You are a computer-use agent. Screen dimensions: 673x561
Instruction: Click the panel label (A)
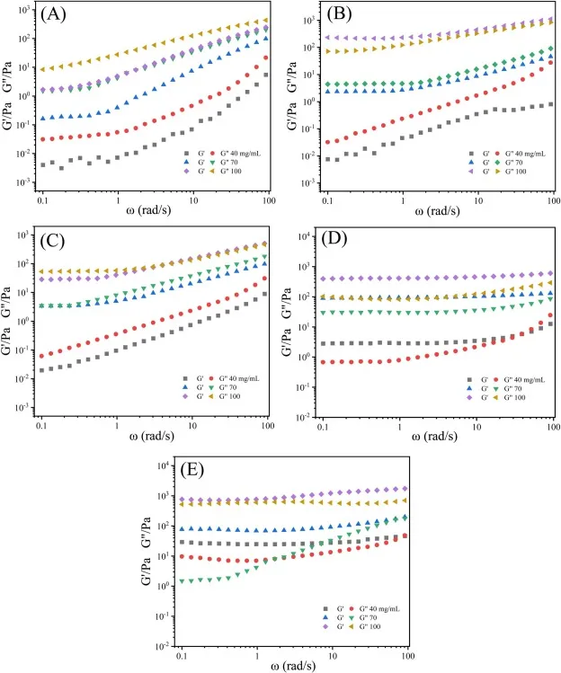point(60,17)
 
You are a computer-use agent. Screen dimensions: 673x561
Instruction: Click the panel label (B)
point(343,16)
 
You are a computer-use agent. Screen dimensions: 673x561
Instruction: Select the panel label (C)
point(59,240)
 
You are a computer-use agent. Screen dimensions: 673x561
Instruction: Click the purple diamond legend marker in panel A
point(187,171)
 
